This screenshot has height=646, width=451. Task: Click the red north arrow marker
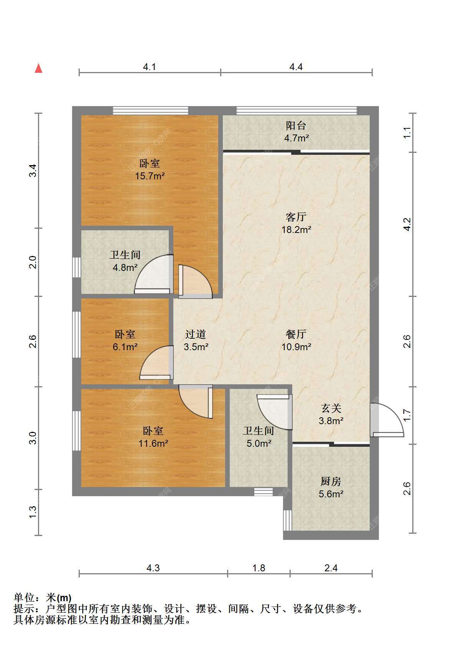39,68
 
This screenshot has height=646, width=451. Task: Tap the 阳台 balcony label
296,125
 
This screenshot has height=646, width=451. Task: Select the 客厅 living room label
296,217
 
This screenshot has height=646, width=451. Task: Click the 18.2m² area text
296,230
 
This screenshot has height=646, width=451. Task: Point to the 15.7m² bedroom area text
150,175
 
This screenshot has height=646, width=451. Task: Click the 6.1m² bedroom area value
125,347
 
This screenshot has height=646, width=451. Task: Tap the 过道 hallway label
196,334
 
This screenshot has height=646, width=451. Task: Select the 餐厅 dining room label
296,334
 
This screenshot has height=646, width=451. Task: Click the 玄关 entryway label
331,408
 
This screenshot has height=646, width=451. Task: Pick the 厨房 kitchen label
331,481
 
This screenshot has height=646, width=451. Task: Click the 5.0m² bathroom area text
259,443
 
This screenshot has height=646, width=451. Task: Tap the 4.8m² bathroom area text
125,267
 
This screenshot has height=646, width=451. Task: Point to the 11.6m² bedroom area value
153,443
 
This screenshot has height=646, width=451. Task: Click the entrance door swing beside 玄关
387,420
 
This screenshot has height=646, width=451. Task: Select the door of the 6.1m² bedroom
156,362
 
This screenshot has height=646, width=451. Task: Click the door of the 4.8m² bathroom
154,274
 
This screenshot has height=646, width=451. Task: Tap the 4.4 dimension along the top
296,67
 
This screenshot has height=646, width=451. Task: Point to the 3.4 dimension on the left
33,171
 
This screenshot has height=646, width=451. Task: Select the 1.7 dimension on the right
407,415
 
